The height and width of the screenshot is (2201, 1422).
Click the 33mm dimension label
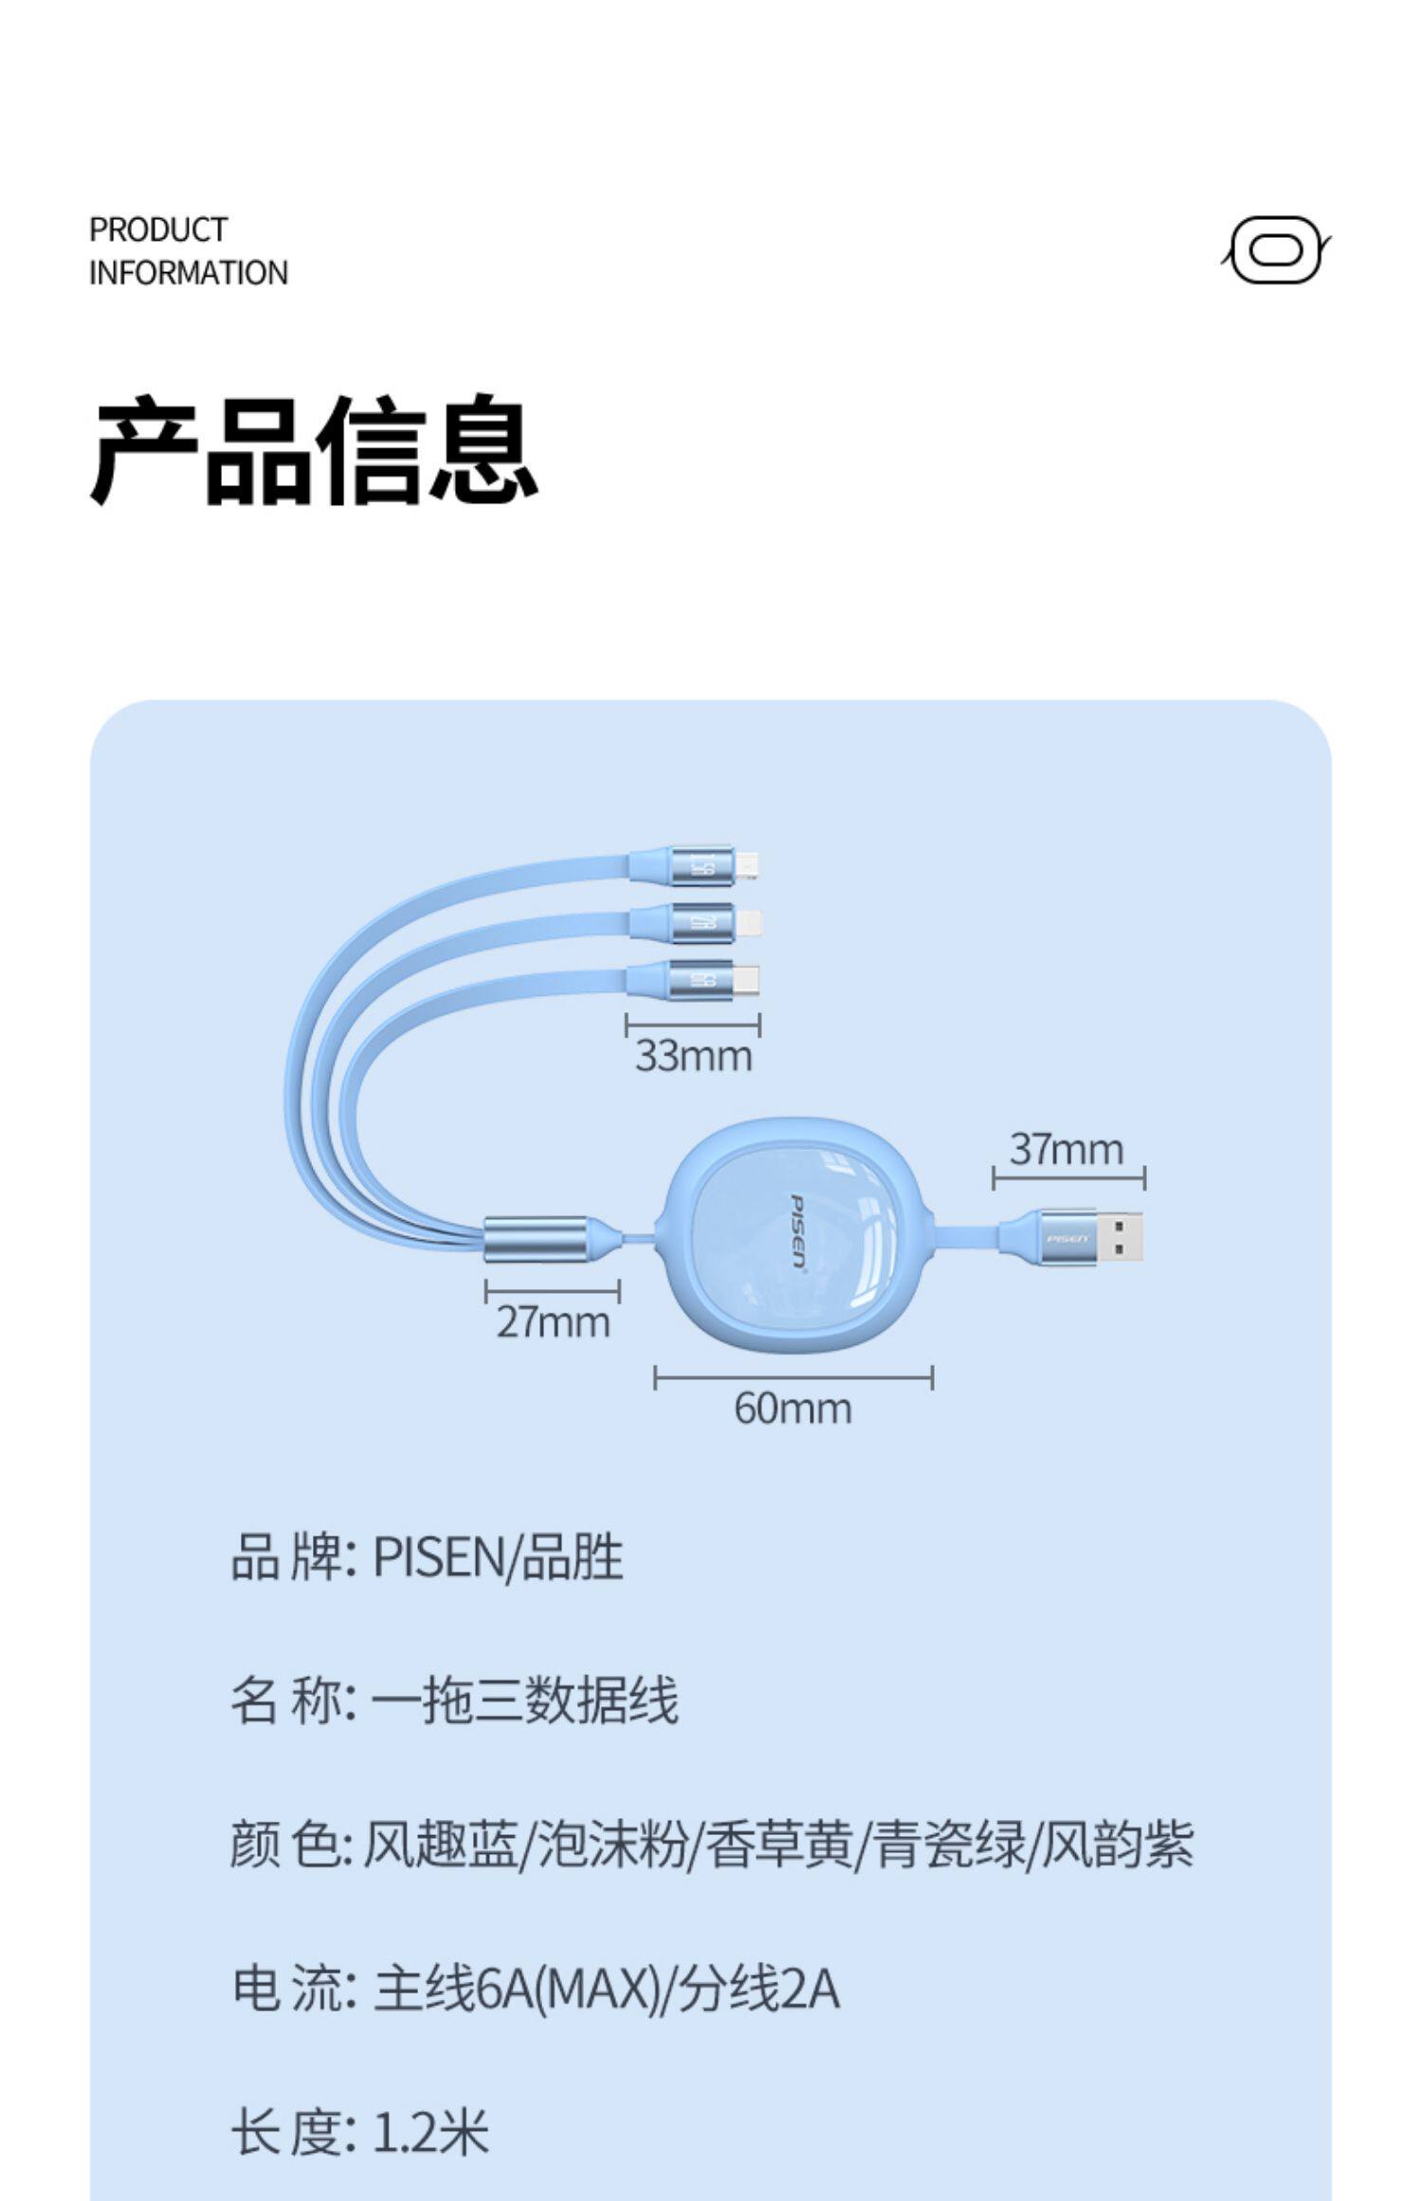pos(693,1056)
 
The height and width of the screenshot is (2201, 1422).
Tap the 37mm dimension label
pos(1066,1149)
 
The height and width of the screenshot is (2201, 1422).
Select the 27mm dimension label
pos(553,1322)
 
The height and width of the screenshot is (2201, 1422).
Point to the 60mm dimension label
pos(793,1408)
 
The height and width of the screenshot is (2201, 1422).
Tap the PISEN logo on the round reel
pos(798,1232)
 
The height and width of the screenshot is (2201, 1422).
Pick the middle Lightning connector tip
pos(750,922)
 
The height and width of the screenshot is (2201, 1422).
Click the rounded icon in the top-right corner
pos(1275,251)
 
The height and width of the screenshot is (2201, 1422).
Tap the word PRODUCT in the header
pos(158,229)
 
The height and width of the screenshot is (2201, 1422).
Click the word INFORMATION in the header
pos(188,273)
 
